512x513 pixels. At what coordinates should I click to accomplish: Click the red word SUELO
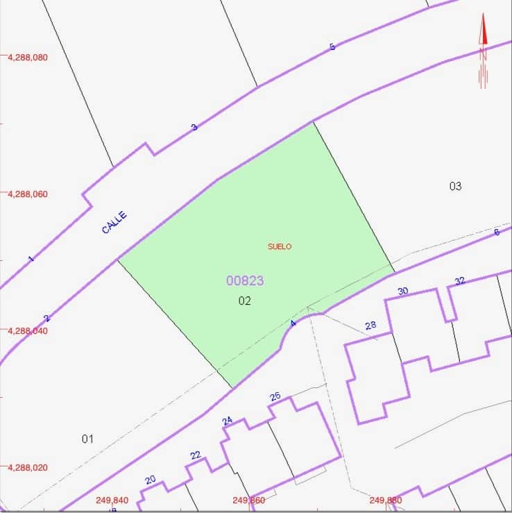click(x=280, y=246)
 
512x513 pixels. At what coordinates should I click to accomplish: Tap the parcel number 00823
click(x=245, y=280)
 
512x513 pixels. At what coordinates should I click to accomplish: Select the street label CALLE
click(x=114, y=223)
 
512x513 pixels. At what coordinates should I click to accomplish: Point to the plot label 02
click(x=244, y=301)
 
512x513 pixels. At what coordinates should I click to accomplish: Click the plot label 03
click(x=455, y=186)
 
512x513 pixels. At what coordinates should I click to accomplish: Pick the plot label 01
click(x=87, y=439)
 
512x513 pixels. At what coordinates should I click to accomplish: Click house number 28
click(x=370, y=326)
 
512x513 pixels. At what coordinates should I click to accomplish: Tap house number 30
click(x=403, y=291)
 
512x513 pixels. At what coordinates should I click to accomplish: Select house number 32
click(x=460, y=280)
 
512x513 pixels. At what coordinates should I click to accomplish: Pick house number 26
click(x=275, y=396)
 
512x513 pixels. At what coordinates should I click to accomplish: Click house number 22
click(x=196, y=455)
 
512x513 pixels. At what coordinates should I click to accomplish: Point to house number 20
click(x=151, y=480)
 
